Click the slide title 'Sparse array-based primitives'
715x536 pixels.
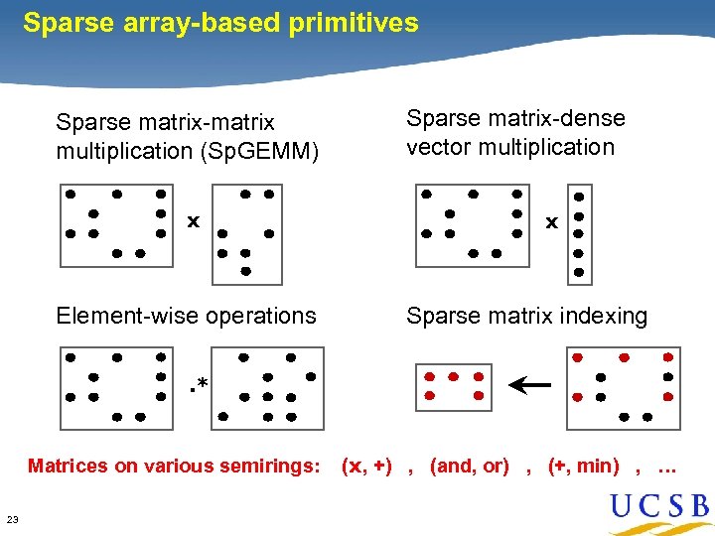coord(220,23)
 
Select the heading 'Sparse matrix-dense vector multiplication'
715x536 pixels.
coord(515,133)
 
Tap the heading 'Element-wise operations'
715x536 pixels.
coord(186,316)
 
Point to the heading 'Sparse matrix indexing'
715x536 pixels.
coord(526,316)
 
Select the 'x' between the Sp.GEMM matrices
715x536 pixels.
coord(194,220)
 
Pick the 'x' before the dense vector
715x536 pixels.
coord(550,222)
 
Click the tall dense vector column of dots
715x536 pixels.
coord(579,233)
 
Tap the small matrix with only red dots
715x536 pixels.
coord(453,387)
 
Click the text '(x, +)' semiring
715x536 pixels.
coord(366,465)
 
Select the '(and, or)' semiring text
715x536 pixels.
coord(469,465)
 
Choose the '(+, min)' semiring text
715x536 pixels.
coord(583,465)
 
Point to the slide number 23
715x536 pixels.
coord(12,519)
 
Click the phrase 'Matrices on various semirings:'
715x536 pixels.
coord(175,465)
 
